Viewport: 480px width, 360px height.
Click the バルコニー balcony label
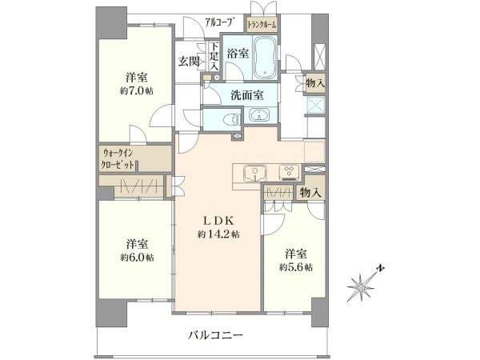215,335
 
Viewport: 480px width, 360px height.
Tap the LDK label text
219,221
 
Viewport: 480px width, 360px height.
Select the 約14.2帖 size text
218,234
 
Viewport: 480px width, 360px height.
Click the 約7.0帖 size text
137,91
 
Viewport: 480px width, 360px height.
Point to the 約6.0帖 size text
137,258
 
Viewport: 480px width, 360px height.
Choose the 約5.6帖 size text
296,267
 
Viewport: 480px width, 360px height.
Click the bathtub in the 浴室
265,57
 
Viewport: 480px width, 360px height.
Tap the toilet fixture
231,119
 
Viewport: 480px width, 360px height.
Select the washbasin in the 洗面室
259,116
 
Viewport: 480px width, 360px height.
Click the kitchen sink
255,174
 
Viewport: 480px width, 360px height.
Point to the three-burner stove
290,173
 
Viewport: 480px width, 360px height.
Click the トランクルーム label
262,25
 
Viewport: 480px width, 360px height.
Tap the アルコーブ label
221,22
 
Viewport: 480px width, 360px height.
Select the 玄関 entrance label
188,62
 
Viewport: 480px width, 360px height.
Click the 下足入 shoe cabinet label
214,57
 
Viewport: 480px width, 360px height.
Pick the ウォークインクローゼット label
118,158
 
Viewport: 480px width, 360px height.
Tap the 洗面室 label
247,95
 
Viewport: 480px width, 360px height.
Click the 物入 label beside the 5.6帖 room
310,193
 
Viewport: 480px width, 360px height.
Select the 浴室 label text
238,54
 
